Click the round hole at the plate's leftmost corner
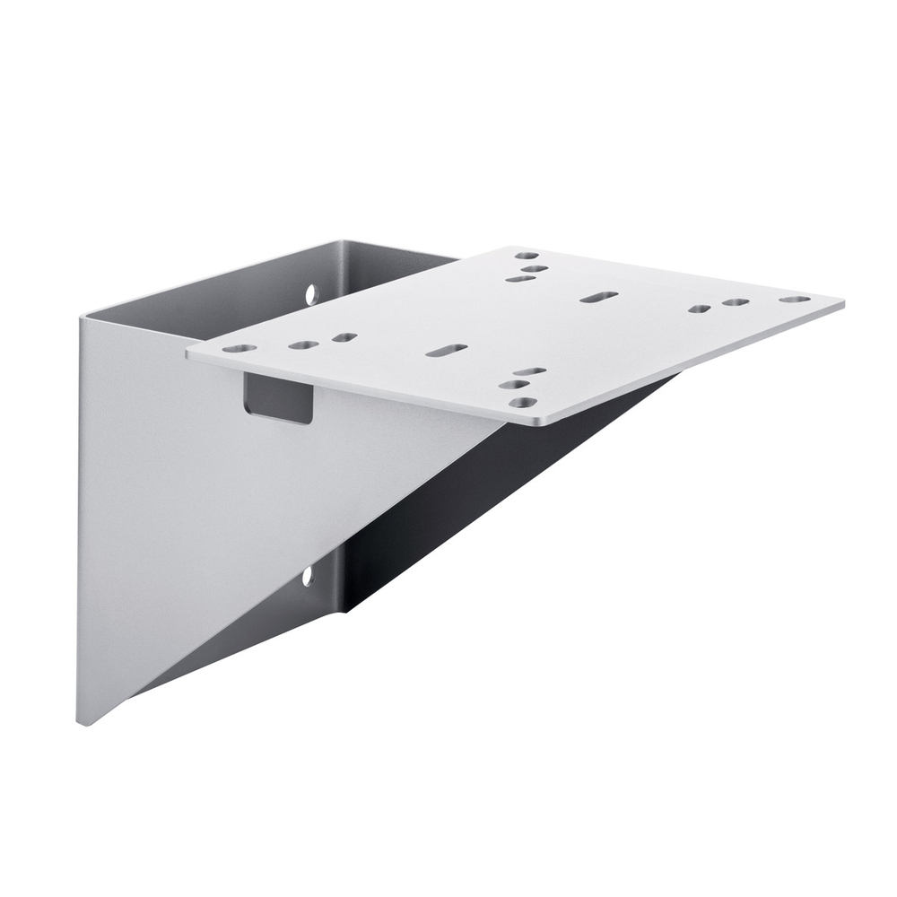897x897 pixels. [234, 348]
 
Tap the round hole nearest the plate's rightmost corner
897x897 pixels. [794, 299]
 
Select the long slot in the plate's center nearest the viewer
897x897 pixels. [446, 350]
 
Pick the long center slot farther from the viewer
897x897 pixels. [598, 296]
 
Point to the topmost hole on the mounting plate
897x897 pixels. [527, 256]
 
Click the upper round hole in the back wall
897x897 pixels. [311, 293]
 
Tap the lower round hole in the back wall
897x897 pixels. [307, 577]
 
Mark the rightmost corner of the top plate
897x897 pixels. [841, 302]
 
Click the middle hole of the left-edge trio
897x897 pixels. [304, 344]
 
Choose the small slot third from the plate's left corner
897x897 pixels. [344, 338]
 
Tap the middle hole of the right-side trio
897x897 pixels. [736, 303]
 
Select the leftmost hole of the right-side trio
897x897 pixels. [700, 309]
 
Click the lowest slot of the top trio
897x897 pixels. [519, 279]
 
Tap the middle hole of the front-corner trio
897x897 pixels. [514, 385]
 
